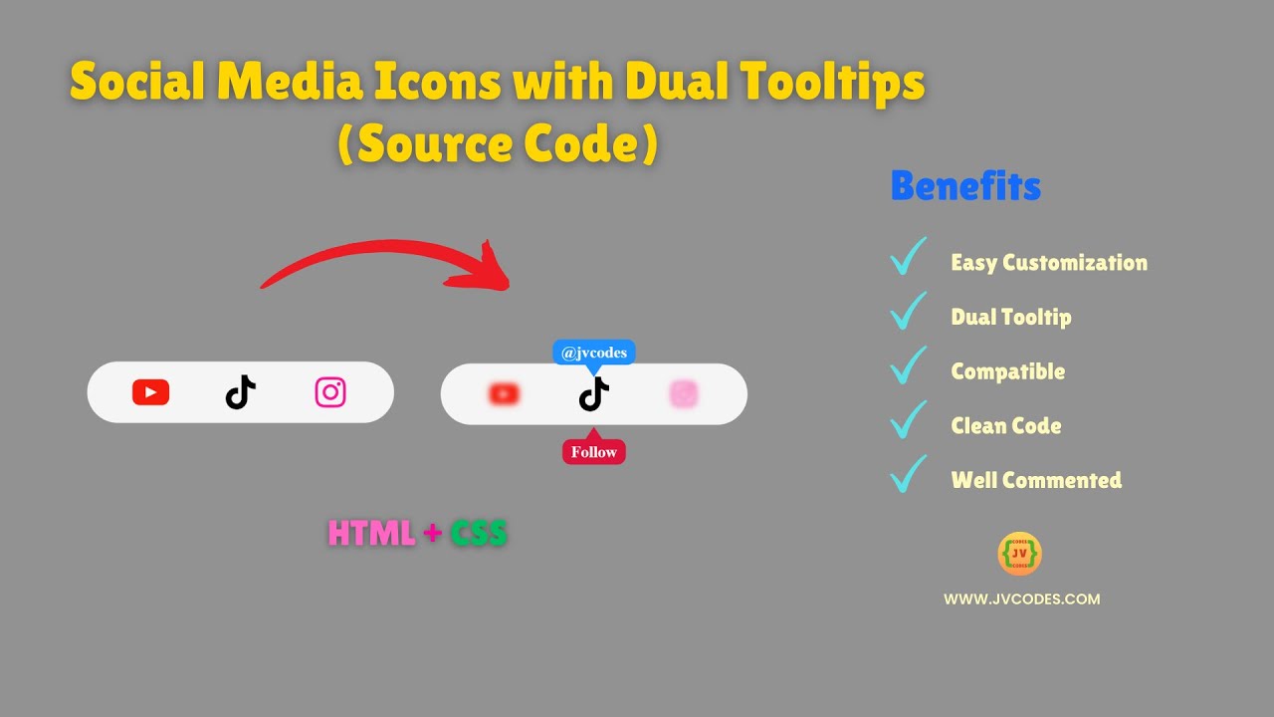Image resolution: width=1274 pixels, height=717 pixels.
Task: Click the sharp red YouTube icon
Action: [x=150, y=392]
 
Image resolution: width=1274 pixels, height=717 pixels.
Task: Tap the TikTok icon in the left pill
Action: [x=240, y=392]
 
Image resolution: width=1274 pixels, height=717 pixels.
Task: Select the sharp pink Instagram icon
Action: [x=330, y=392]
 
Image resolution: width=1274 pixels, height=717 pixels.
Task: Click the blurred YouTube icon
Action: [x=505, y=394]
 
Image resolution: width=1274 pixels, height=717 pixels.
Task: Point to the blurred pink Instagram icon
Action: [x=684, y=394]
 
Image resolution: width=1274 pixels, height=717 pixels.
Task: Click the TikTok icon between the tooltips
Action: [x=594, y=395]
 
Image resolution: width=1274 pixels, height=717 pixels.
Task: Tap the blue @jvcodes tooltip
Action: [x=594, y=353]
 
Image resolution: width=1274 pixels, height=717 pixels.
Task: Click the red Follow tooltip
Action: [x=594, y=452]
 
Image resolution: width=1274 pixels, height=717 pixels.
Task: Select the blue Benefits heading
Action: [x=965, y=186]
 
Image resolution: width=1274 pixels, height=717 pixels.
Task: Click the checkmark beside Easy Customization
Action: [x=908, y=257]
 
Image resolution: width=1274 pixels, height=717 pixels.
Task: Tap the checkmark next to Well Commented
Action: [x=908, y=474]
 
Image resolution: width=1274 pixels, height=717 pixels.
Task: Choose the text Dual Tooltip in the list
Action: [x=1011, y=317]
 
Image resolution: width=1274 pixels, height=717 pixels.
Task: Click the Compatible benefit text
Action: [x=1007, y=371]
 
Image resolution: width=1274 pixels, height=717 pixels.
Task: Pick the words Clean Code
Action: [x=1005, y=425]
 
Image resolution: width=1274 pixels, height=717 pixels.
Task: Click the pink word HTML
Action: [x=371, y=534]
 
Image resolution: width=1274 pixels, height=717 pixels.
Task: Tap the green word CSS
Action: [x=479, y=534]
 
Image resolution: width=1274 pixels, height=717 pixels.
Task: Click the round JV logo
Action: [x=1019, y=554]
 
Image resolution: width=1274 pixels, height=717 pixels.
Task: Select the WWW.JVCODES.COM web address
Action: [x=1021, y=599]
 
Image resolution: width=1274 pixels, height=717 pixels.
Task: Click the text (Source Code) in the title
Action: [x=498, y=145]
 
